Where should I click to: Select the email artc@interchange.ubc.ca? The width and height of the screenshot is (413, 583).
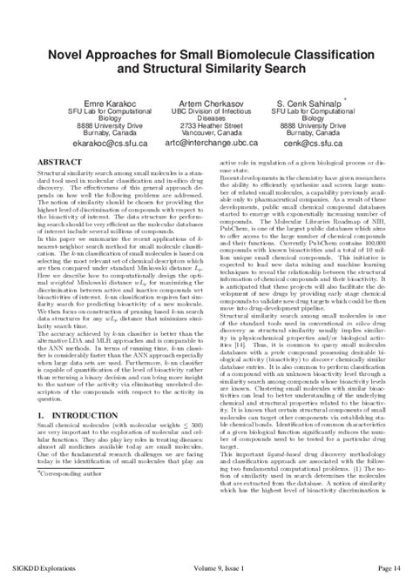pos(206,141)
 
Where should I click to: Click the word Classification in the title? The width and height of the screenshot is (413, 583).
pos(329,51)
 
